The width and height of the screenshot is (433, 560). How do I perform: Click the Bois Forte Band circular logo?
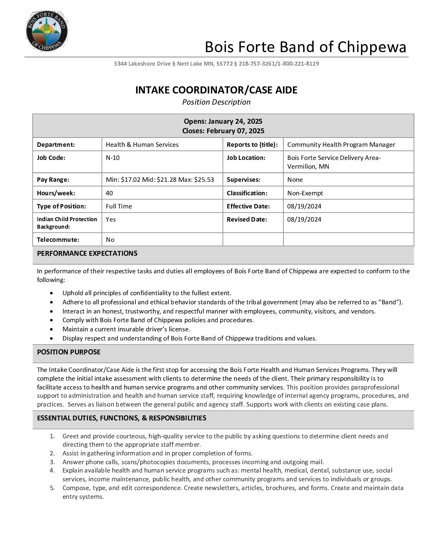click(x=47, y=31)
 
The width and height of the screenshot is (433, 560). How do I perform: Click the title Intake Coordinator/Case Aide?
click(x=216, y=90)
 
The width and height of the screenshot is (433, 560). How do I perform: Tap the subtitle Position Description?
click(x=216, y=102)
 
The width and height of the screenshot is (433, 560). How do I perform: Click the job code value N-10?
click(x=113, y=158)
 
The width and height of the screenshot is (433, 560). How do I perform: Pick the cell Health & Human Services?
click(x=142, y=145)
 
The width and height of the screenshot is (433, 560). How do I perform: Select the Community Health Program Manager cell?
click(x=341, y=145)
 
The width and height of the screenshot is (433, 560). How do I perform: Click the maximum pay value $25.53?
click(x=204, y=180)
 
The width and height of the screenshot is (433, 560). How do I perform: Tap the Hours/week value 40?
click(x=109, y=193)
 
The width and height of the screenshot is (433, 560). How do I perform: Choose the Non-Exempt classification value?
click(x=305, y=193)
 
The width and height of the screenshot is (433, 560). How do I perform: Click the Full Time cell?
click(x=119, y=206)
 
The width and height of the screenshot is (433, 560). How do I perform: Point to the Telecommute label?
click(x=58, y=240)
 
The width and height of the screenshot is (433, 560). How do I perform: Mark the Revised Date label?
click(x=247, y=220)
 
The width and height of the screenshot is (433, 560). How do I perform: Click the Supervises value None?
click(x=295, y=180)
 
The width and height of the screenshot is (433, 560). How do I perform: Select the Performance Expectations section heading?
click(x=87, y=253)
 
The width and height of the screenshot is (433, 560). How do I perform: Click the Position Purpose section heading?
click(x=69, y=352)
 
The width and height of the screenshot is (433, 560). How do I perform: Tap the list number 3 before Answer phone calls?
click(x=52, y=462)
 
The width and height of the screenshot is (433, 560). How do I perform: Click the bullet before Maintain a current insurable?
click(x=52, y=329)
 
